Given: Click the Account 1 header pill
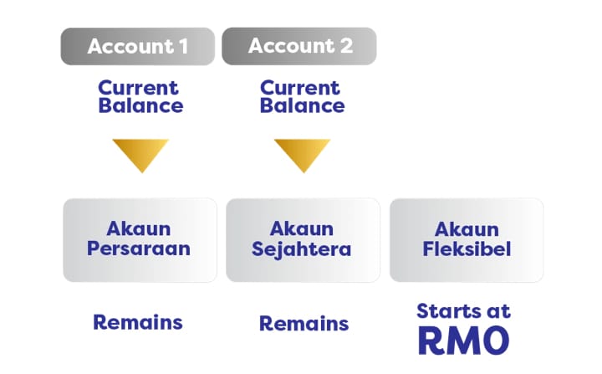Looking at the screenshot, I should [137, 46].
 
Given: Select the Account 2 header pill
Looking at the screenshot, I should [298, 46].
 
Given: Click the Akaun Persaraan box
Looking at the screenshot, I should [140, 239].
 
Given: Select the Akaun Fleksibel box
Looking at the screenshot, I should [466, 239].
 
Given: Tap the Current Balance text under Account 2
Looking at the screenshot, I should [303, 96].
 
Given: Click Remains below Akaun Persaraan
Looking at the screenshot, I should [138, 322].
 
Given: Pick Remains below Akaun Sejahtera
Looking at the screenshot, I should [304, 323].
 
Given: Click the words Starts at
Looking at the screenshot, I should [463, 311].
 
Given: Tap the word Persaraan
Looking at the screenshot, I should [140, 249].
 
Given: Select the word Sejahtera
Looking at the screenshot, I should [303, 249].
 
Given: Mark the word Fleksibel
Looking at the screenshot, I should [466, 249].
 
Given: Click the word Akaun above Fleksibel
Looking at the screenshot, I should [466, 228].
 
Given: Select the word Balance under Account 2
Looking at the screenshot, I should [303, 106].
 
